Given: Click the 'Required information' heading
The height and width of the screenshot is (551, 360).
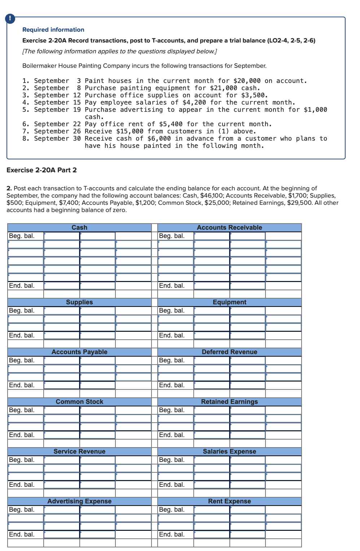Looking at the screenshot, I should pos(53,30).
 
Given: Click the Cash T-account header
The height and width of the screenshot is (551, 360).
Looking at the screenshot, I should pos(79,228).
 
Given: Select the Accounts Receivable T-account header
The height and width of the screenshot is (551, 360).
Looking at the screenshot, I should pos(229,228).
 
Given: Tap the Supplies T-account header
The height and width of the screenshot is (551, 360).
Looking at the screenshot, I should pos(79,302).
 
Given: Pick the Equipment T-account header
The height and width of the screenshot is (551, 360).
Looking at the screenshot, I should pos(229,302).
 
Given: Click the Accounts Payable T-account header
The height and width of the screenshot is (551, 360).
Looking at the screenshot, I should pos(79,352).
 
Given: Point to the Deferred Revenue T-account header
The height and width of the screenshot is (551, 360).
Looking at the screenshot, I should pos(229,352).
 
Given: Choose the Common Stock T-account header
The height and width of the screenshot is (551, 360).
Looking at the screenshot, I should pos(79,402).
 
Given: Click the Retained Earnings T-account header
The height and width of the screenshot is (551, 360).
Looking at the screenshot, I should pos(229,402).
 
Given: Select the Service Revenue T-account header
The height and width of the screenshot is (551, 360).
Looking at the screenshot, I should pos(79,451).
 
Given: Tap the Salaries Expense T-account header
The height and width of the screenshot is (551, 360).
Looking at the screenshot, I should pos(229,451).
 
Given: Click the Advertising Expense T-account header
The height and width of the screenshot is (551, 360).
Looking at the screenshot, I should pos(79,501).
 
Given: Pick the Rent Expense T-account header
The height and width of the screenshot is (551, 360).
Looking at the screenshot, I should pos(229,501).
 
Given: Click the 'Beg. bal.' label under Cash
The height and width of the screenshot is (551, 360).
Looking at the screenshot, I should pos(22,236).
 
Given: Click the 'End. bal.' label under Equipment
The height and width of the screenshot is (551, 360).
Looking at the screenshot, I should pos(172,335).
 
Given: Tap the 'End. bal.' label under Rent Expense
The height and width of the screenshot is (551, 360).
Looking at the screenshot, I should pos(172,534).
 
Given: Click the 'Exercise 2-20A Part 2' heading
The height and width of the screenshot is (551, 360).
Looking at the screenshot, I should pos(41,170).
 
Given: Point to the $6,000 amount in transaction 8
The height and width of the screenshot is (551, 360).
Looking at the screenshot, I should pos(159,138).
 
